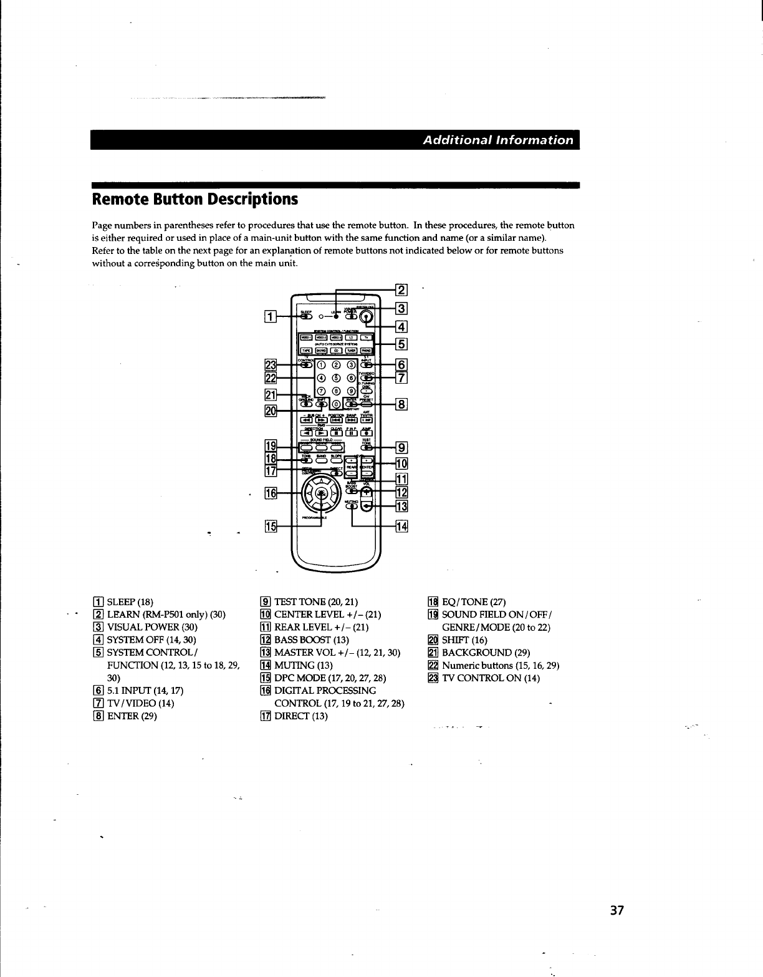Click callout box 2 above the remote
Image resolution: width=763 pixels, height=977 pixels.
point(401,289)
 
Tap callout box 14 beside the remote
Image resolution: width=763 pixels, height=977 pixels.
point(401,527)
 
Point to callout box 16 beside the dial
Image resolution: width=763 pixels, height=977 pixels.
point(270,493)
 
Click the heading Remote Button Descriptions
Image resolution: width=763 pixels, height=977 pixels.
point(194,199)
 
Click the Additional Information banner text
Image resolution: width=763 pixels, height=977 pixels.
point(497,140)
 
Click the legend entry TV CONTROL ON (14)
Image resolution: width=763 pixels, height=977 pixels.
point(491,678)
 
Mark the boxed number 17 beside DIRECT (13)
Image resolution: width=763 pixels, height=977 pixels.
point(265,716)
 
